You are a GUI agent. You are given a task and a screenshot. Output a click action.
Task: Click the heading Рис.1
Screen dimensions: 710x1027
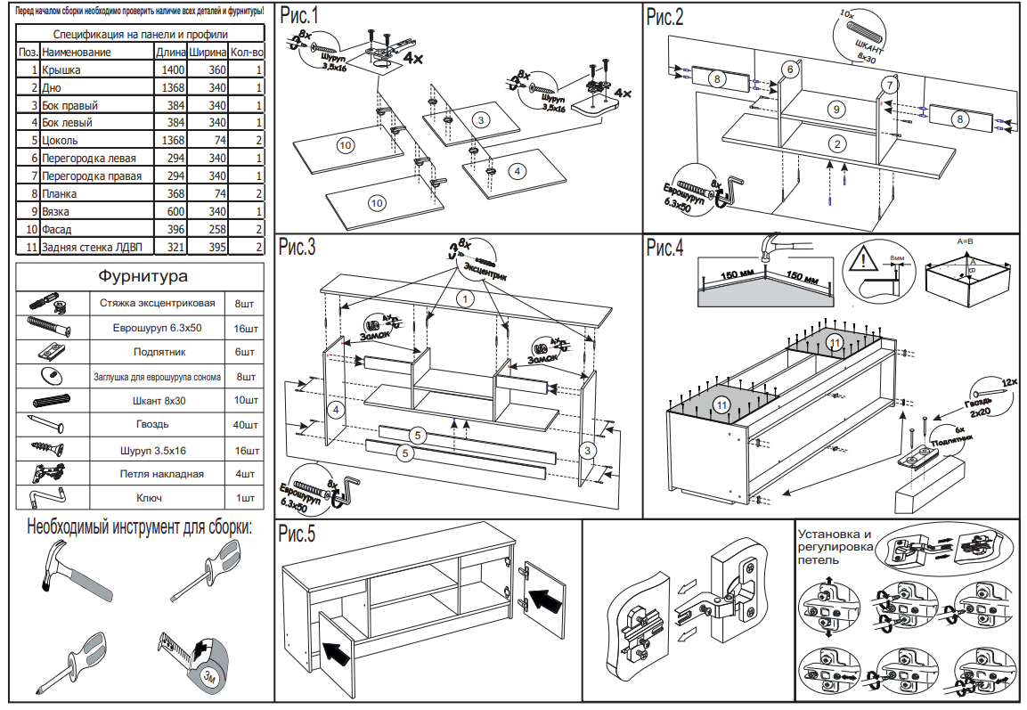(x=298, y=17)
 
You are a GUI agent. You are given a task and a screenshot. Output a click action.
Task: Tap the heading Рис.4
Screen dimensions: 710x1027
(x=665, y=248)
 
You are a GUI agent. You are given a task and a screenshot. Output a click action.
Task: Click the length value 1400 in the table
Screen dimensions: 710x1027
(x=172, y=69)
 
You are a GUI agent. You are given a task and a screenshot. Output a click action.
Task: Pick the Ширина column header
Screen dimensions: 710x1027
(x=205, y=53)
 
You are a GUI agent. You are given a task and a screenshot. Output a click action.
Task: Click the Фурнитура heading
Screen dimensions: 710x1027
(x=142, y=276)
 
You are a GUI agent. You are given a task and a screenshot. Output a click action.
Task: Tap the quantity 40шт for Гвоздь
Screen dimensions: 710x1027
(x=245, y=425)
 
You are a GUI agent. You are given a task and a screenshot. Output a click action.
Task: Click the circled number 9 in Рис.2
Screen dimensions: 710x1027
(x=835, y=110)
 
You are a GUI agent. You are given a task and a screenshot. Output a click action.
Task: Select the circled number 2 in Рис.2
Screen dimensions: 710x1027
(x=835, y=144)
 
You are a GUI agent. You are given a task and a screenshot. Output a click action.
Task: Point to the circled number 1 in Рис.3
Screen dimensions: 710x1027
(x=464, y=298)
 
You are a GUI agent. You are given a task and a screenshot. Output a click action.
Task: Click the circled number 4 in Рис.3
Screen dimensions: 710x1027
(x=335, y=410)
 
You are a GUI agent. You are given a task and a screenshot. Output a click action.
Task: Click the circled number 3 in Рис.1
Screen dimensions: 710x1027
(x=480, y=119)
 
